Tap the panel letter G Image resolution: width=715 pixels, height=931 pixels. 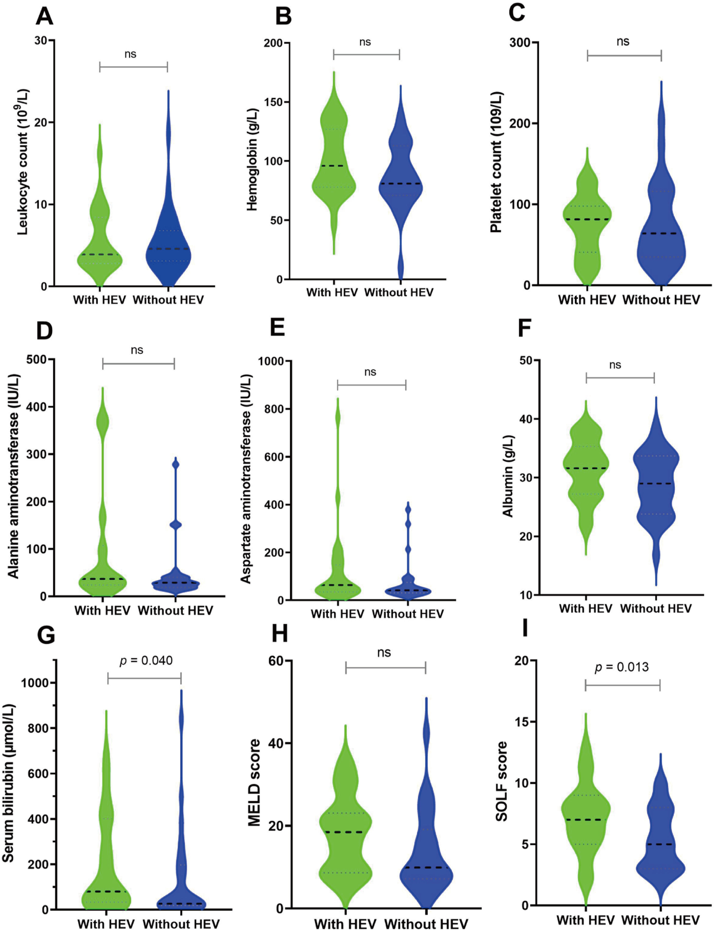pos(46,635)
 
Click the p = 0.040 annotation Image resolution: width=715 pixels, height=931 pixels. pos(146,661)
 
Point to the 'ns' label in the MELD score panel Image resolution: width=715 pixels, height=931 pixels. pos(384,653)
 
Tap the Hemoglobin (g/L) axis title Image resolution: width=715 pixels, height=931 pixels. pos(252,160)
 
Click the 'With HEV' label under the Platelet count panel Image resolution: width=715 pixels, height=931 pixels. pos(587,300)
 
